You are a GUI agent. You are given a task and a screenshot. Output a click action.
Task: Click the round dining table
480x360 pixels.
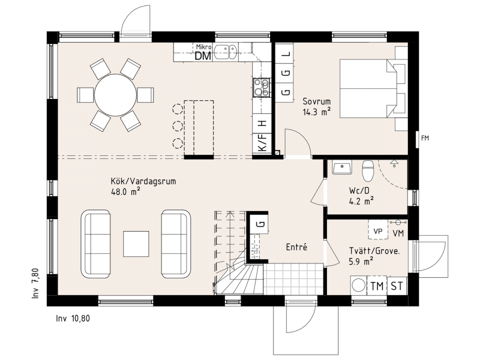115,95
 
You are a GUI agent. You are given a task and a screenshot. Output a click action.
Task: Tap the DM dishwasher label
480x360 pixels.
203,56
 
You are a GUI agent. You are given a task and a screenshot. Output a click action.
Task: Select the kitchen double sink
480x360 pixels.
226,52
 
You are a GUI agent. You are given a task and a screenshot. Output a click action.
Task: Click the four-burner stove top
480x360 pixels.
262,88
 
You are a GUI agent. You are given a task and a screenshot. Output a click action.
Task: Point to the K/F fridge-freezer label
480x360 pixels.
262,143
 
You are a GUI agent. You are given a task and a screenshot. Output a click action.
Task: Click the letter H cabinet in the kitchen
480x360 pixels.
262,124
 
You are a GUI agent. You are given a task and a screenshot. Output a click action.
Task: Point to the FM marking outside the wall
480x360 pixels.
425,138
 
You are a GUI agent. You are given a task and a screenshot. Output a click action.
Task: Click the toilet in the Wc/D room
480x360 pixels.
368,171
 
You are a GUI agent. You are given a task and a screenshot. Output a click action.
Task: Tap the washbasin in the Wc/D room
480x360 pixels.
342,167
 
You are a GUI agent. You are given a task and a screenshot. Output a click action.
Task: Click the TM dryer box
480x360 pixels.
377,286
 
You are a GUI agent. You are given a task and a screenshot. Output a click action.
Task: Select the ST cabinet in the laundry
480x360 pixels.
397,286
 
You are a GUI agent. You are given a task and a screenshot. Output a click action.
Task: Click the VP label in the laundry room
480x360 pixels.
378,231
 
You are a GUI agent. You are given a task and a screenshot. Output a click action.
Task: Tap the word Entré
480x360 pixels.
296,247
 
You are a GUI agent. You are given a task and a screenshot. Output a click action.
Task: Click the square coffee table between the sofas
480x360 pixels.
136,244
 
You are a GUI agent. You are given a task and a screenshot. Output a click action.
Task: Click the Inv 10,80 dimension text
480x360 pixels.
73,319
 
